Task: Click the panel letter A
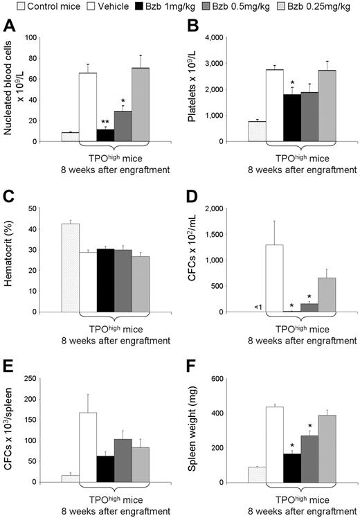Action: pos(9,26)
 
